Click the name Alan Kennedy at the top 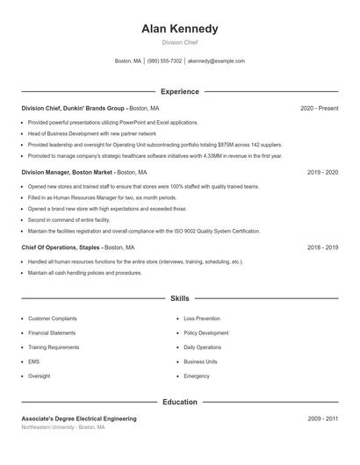[x=179, y=29]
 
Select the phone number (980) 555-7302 [x=164, y=61]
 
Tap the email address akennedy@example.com [x=216, y=61]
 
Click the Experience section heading [x=179, y=91]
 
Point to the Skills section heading [x=179, y=298]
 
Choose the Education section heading [x=179, y=402]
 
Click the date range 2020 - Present [x=319, y=108]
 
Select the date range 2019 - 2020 [x=322, y=173]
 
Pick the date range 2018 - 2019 [x=322, y=248]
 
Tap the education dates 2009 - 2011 [x=322, y=419]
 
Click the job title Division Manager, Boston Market [x=68, y=173]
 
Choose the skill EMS [x=33, y=361]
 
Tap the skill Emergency [x=197, y=376]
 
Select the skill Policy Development [x=207, y=333]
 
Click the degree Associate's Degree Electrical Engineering [x=79, y=419]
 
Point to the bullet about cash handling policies [x=84, y=273]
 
